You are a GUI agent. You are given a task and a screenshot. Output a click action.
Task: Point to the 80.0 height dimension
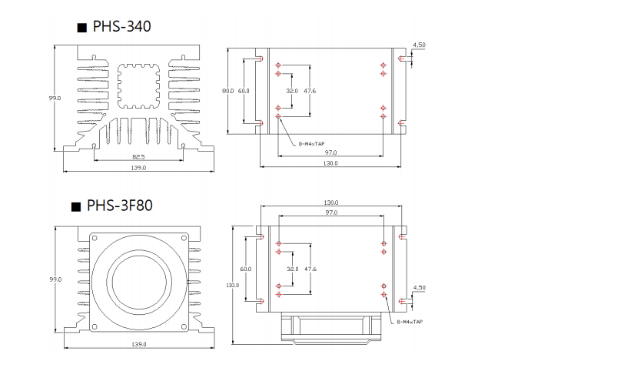point(227,91)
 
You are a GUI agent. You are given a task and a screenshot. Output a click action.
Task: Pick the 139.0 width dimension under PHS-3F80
point(139,344)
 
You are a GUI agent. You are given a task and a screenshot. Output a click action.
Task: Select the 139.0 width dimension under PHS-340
point(139,168)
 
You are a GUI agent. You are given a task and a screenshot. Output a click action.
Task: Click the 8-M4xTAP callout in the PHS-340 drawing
point(311,144)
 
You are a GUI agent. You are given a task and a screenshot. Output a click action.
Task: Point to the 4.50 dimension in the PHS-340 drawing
point(419,45)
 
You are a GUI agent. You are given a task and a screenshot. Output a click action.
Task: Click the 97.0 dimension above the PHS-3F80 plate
point(331,212)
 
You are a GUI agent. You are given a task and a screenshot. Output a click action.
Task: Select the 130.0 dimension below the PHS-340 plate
point(331,163)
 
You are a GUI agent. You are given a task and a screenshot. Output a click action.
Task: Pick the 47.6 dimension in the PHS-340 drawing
point(310,91)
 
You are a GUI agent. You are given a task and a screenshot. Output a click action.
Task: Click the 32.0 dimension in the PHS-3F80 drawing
point(292,269)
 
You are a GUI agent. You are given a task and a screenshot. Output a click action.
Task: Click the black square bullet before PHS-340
point(81,28)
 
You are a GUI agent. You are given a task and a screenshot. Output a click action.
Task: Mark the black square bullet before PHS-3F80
point(75,206)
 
